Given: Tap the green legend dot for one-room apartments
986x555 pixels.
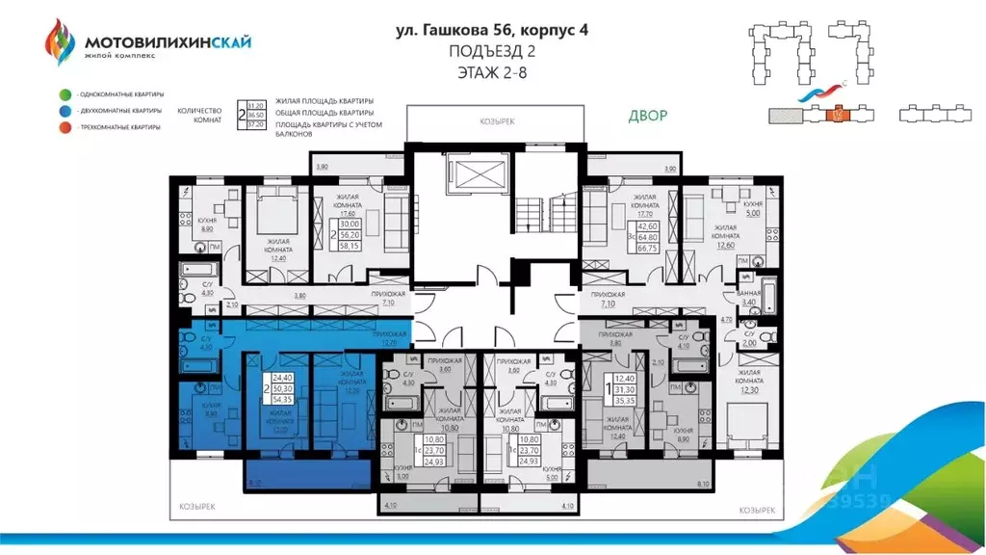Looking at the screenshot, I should (x=64, y=94).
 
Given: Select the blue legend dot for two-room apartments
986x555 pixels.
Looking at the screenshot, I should (x=64, y=111).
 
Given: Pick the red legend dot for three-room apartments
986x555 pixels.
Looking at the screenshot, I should (x=64, y=127).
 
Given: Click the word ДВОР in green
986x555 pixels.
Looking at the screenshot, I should (x=647, y=117).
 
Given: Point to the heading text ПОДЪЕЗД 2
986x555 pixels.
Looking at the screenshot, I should (x=492, y=51).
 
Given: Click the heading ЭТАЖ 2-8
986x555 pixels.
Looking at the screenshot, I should (x=492, y=71).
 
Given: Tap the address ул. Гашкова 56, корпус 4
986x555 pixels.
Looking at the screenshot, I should (x=492, y=30).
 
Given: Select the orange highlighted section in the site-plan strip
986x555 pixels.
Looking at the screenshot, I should (x=835, y=115).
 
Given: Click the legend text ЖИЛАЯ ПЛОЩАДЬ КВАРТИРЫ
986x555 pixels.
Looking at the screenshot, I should (x=324, y=101).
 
